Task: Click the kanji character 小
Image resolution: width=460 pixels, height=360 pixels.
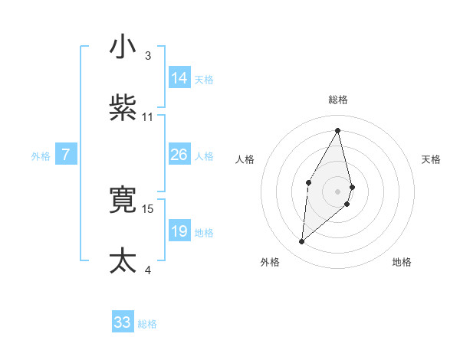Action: pos(123,47)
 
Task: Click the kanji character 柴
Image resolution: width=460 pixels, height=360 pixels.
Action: pos(123,109)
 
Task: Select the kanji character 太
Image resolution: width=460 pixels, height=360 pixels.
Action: pos(123,261)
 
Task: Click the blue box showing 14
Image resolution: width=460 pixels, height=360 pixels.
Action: pos(179,78)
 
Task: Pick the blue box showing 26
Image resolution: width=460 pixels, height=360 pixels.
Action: pos(179,155)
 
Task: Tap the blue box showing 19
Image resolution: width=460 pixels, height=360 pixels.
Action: pos(179,231)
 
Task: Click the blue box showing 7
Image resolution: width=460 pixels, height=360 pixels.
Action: pos(66,155)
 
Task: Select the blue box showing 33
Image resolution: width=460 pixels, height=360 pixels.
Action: pos(123,322)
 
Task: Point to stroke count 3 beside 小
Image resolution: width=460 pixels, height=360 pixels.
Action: pos(148,56)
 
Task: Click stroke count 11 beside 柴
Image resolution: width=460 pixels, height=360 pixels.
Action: pos(148,117)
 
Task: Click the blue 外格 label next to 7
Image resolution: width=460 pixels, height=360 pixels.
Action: pos(41,156)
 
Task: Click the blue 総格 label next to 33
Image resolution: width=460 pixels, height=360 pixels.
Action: pos(147,324)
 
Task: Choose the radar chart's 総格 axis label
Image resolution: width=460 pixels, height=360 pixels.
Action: pos(338,100)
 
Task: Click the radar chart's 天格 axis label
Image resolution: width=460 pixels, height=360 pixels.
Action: pos(432,159)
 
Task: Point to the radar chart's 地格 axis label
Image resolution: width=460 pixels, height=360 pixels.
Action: pos(402,262)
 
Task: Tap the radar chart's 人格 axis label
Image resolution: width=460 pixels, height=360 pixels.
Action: pos(245,159)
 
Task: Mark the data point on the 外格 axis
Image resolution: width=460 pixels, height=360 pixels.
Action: pos(302,242)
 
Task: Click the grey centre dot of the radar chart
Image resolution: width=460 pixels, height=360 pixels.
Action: pos(338,191)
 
